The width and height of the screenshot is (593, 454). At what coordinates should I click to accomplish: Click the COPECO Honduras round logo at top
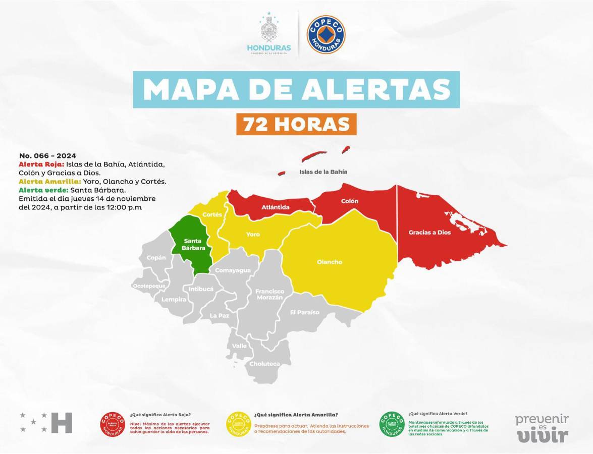(326, 35)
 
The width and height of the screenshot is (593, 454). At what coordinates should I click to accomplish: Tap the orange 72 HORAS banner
(296, 124)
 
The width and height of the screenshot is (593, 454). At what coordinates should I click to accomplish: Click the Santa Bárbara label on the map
(194, 244)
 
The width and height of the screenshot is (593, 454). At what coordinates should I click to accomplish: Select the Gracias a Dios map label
(429, 233)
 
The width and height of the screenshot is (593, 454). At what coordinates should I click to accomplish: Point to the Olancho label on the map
(330, 262)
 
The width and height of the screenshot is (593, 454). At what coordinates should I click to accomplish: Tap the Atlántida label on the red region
(276, 207)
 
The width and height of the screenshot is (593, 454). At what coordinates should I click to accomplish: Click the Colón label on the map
(350, 201)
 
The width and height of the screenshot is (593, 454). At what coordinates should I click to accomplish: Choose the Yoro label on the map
(253, 235)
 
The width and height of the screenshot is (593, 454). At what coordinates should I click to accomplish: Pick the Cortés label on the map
(212, 214)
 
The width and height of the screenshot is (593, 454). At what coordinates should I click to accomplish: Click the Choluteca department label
(264, 363)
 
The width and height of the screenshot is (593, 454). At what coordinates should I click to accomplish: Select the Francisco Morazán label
(269, 295)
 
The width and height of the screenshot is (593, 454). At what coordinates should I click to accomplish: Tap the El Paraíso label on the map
(304, 312)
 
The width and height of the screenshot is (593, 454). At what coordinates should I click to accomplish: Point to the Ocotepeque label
(149, 286)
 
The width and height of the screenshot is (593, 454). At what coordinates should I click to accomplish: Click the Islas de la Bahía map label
(323, 172)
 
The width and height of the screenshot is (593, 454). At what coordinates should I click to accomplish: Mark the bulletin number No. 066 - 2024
(47, 156)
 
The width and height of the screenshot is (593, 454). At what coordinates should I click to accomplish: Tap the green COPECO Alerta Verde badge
(392, 424)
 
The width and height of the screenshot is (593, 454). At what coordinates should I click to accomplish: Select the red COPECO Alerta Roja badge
(113, 424)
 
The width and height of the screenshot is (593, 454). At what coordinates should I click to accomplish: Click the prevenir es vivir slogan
(542, 428)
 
